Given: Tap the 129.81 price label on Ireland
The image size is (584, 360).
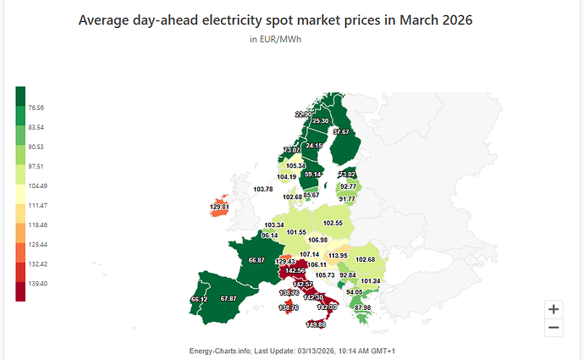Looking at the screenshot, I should (218, 207).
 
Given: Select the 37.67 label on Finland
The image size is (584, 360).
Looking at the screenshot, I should (341, 132).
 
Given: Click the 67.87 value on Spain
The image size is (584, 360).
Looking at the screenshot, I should (228, 298).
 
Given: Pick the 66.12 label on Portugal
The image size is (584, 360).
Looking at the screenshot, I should (199, 299).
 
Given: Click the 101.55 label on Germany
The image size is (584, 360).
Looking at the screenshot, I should (296, 232).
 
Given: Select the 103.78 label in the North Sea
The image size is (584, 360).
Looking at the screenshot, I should (262, 189).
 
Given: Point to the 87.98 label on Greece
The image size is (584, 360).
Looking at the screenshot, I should (362, 307).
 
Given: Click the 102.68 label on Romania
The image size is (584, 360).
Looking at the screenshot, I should (365, 259).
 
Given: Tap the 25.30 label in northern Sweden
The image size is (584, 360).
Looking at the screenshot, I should (320, 121).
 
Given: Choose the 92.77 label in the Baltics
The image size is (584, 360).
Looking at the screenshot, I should (347, 186).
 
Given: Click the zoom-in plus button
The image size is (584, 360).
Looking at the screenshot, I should (553, 309).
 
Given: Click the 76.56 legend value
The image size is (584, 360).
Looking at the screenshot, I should (36, 108).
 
